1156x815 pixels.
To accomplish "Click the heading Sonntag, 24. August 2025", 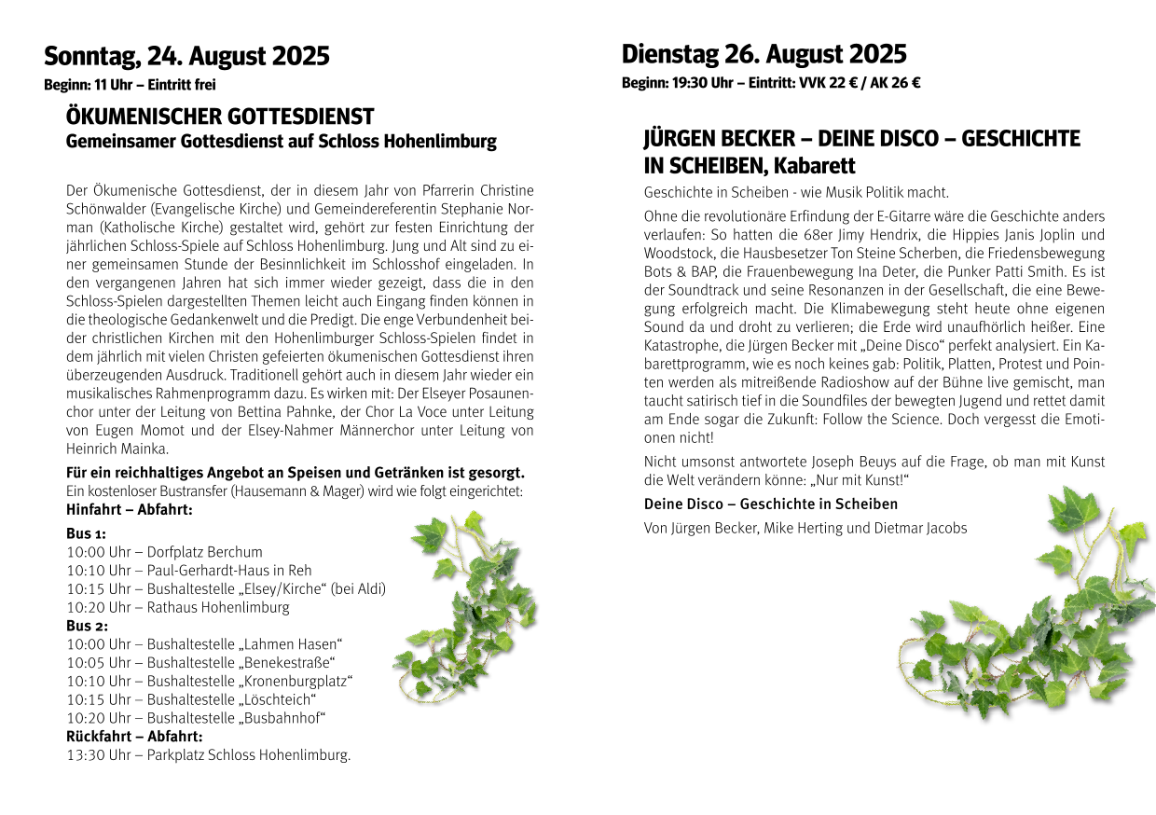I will point(186,56).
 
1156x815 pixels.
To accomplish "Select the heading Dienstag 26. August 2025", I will point(764,54).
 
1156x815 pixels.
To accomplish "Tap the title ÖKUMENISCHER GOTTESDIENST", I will point(220,117).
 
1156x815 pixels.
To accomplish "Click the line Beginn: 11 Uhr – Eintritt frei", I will point(130,85).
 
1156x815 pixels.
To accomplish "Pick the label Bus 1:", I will point(86,533).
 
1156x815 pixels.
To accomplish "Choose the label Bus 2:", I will point(87,626).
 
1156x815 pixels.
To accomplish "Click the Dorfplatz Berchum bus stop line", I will point(165,552).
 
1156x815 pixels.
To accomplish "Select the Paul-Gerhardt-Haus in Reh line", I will point(189,570).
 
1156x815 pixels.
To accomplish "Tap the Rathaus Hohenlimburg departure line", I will point(178,607).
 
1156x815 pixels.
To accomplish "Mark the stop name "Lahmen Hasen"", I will point(291,644).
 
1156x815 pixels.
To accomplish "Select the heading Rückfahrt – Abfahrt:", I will point(134,737).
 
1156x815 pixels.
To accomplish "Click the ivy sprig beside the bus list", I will point(466,606).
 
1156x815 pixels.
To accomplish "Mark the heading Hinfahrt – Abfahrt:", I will point(130,510).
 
